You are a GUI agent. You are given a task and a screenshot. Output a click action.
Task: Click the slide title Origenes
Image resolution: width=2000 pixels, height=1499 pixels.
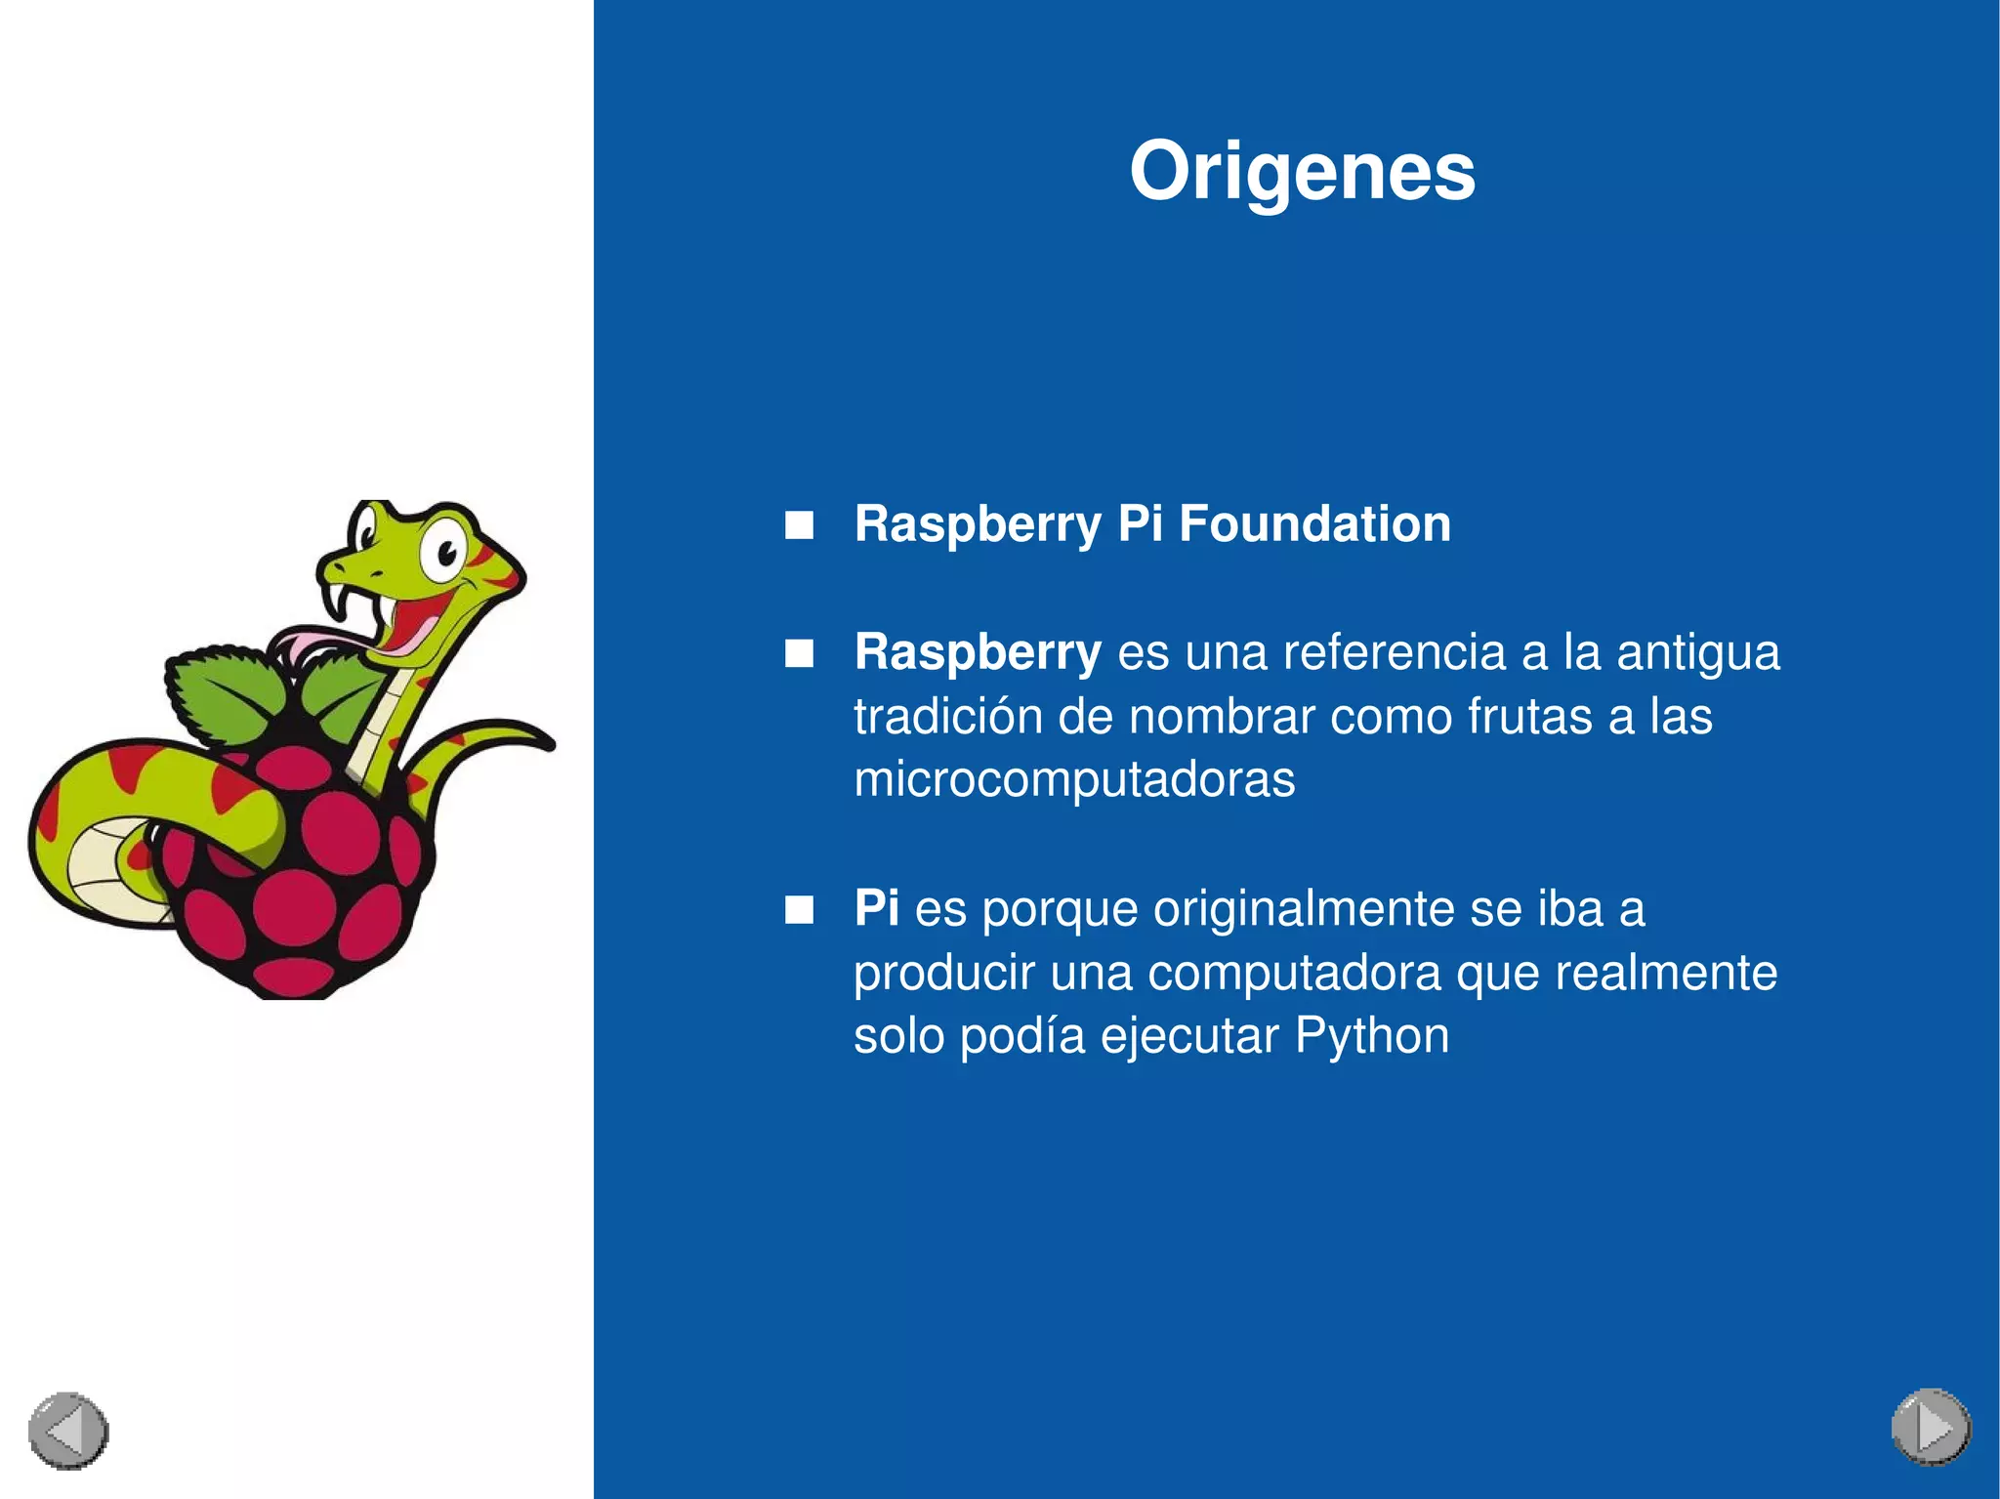1302,172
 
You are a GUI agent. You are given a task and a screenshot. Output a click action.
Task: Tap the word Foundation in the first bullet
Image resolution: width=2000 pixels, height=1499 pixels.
1314,523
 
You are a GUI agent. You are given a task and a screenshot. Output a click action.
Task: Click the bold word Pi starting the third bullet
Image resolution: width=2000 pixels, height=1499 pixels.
876,907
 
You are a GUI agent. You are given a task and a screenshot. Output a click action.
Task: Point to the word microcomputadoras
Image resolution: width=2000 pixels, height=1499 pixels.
1074,779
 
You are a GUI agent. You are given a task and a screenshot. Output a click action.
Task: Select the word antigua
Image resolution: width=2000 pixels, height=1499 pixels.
1698,652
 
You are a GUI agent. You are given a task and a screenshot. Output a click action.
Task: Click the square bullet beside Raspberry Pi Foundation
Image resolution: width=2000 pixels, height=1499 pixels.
799,525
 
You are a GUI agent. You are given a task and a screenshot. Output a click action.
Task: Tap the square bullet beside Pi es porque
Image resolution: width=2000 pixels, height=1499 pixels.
799,910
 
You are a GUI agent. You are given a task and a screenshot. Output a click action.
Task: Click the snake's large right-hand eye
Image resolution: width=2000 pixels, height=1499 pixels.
445,553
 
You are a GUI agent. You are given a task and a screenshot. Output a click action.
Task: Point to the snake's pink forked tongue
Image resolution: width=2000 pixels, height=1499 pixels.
303,646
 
